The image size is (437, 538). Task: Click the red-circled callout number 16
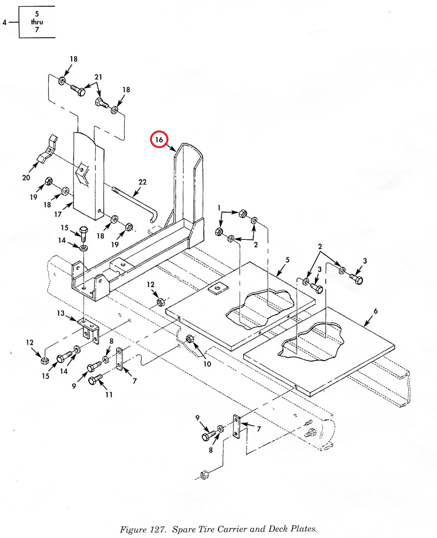[159, 139]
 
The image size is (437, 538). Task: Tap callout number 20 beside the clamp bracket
[26, 177]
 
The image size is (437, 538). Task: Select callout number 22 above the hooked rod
[142, 182]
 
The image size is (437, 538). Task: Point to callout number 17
[58, 214]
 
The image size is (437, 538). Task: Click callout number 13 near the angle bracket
[61, 313]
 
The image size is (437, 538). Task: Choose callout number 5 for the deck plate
[287, 260]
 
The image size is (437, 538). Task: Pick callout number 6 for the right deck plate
[375, 311]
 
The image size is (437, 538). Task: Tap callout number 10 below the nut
[207, 364]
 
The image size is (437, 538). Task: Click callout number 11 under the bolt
[109, 394]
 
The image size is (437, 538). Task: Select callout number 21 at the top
[99, 77]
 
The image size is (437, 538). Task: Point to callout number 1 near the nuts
[219, 208]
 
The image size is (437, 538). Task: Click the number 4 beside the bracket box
[5, 22]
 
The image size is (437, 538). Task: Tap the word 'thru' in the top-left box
[37, 22]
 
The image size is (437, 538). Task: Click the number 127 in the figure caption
[157, 530]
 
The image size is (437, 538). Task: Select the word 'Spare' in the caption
[184, 529]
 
